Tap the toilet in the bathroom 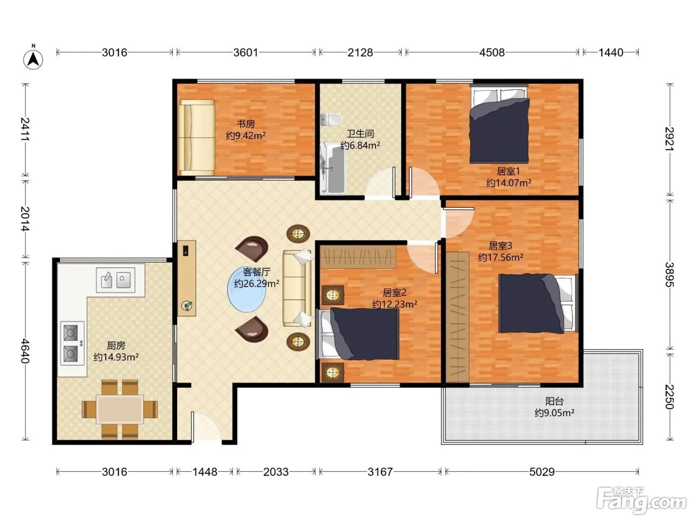coord(331,119)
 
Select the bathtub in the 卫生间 coord(333,168)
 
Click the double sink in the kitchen coord(116,280)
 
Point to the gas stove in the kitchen coord(72,343)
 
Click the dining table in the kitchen coord(120,409)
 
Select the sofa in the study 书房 coord(196,137)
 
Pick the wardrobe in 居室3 coord(458,317)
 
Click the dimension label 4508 coord(491,53)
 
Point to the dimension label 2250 coord(669,396)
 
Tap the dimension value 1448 coord(205,472)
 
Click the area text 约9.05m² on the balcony coord(555,413)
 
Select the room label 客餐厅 coord(257,272)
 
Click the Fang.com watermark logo coord(641,501)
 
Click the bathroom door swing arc coord(380,183)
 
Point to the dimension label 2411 coord(25,130)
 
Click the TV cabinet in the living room coord(187,278)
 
